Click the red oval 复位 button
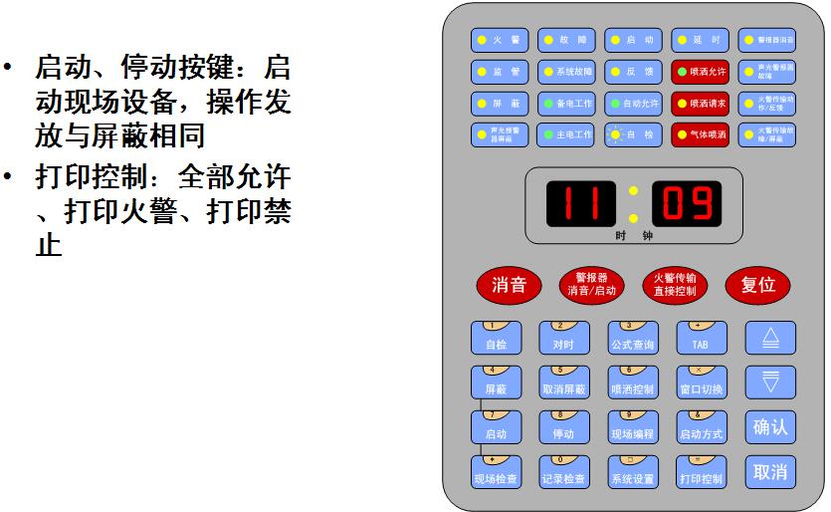pyautogui.click(x=758, y=285)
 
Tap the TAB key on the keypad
pyautogui.click(x=701, y=339)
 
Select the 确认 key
pyautogui.click(x=770, y=427)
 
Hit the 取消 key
pyautogui.click(x=770, y=471)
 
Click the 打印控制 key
pyautogui.click(x=701, y=472)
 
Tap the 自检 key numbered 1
pyautogui.click(x=496, y=339)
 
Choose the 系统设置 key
pyautogui.click(x=633, y=472)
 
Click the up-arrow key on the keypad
pyautogui.click(x=770, y=339)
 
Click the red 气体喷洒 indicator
pyautogui.click(x=701, y=133)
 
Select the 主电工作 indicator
pyautogui.click(x=564, y=133)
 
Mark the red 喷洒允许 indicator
pyautogui.click(x=701, y=73)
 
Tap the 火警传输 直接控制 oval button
pyautogui.click(x=675, y=285)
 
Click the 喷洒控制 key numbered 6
pyautogui.click(x=633, y=383)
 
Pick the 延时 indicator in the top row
pyautogui.click(x=701, y=41)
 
